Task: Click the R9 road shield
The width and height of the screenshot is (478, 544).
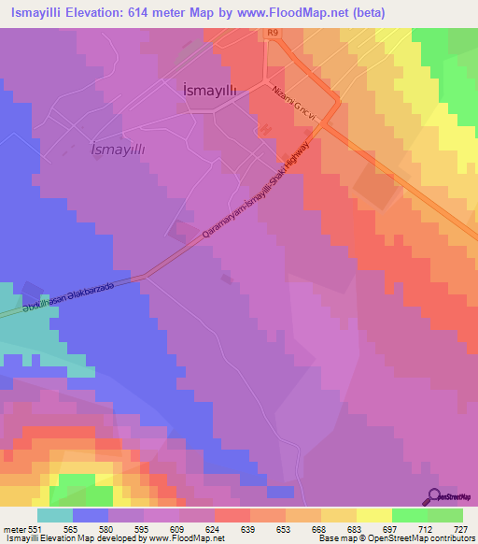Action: [272, 33]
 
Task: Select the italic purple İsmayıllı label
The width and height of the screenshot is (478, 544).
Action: [118, 149]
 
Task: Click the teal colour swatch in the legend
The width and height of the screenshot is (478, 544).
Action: [54, 515]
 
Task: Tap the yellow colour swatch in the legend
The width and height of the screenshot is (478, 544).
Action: [373, 515]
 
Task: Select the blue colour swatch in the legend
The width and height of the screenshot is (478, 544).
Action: [90, 515]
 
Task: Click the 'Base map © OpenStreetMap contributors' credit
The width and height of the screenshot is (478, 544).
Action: [396, 537]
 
